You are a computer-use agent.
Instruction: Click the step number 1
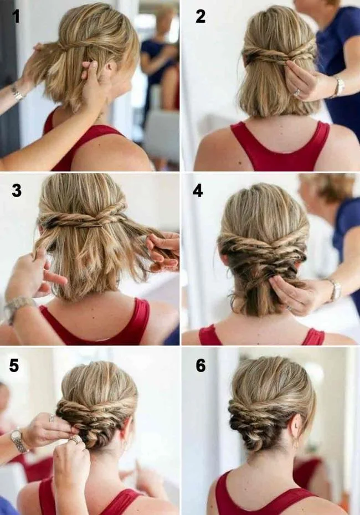(x=16, y=16)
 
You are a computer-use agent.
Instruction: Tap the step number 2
(x=200, y=16)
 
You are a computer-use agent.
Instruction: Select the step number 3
(x=17, y=190)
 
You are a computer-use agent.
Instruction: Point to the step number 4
(x=198, y=190)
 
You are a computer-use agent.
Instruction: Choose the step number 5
(x=14, y=365)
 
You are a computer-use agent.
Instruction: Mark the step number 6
(x=200, y=365)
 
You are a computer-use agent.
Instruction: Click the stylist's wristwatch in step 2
(x=340, y=87)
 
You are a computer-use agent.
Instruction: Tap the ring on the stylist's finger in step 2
(x=297, y=93)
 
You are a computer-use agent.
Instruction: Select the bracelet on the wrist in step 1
(x=17, y=94)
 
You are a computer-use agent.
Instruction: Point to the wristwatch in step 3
(x=17, y=308)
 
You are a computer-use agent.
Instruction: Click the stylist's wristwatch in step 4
(x=336, y=290)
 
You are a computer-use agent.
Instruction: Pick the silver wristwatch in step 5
(x=19, y=441)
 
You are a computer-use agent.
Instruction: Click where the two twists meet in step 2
(x=289, y=57)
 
